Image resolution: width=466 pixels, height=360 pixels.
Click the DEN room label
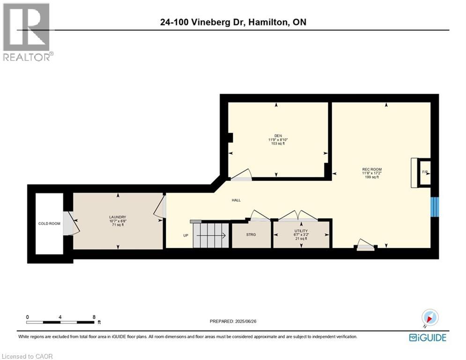tap(278, 135)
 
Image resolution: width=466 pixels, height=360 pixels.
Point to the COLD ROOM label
tap(49, 224)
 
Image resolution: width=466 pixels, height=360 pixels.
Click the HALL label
tap(236, 200)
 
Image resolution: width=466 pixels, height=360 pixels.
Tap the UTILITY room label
tap(301, 231)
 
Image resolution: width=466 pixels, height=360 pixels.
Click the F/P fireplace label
tap(424, 172)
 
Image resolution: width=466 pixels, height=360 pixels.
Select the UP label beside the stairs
tap(186, 235)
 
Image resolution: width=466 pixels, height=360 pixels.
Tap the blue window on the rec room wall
tap(435, 207)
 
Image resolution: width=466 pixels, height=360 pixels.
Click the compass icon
tap(429, 317)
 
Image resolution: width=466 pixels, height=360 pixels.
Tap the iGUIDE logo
tap(427, 337)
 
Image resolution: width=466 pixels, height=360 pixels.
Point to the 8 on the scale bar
tap(94, 317)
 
